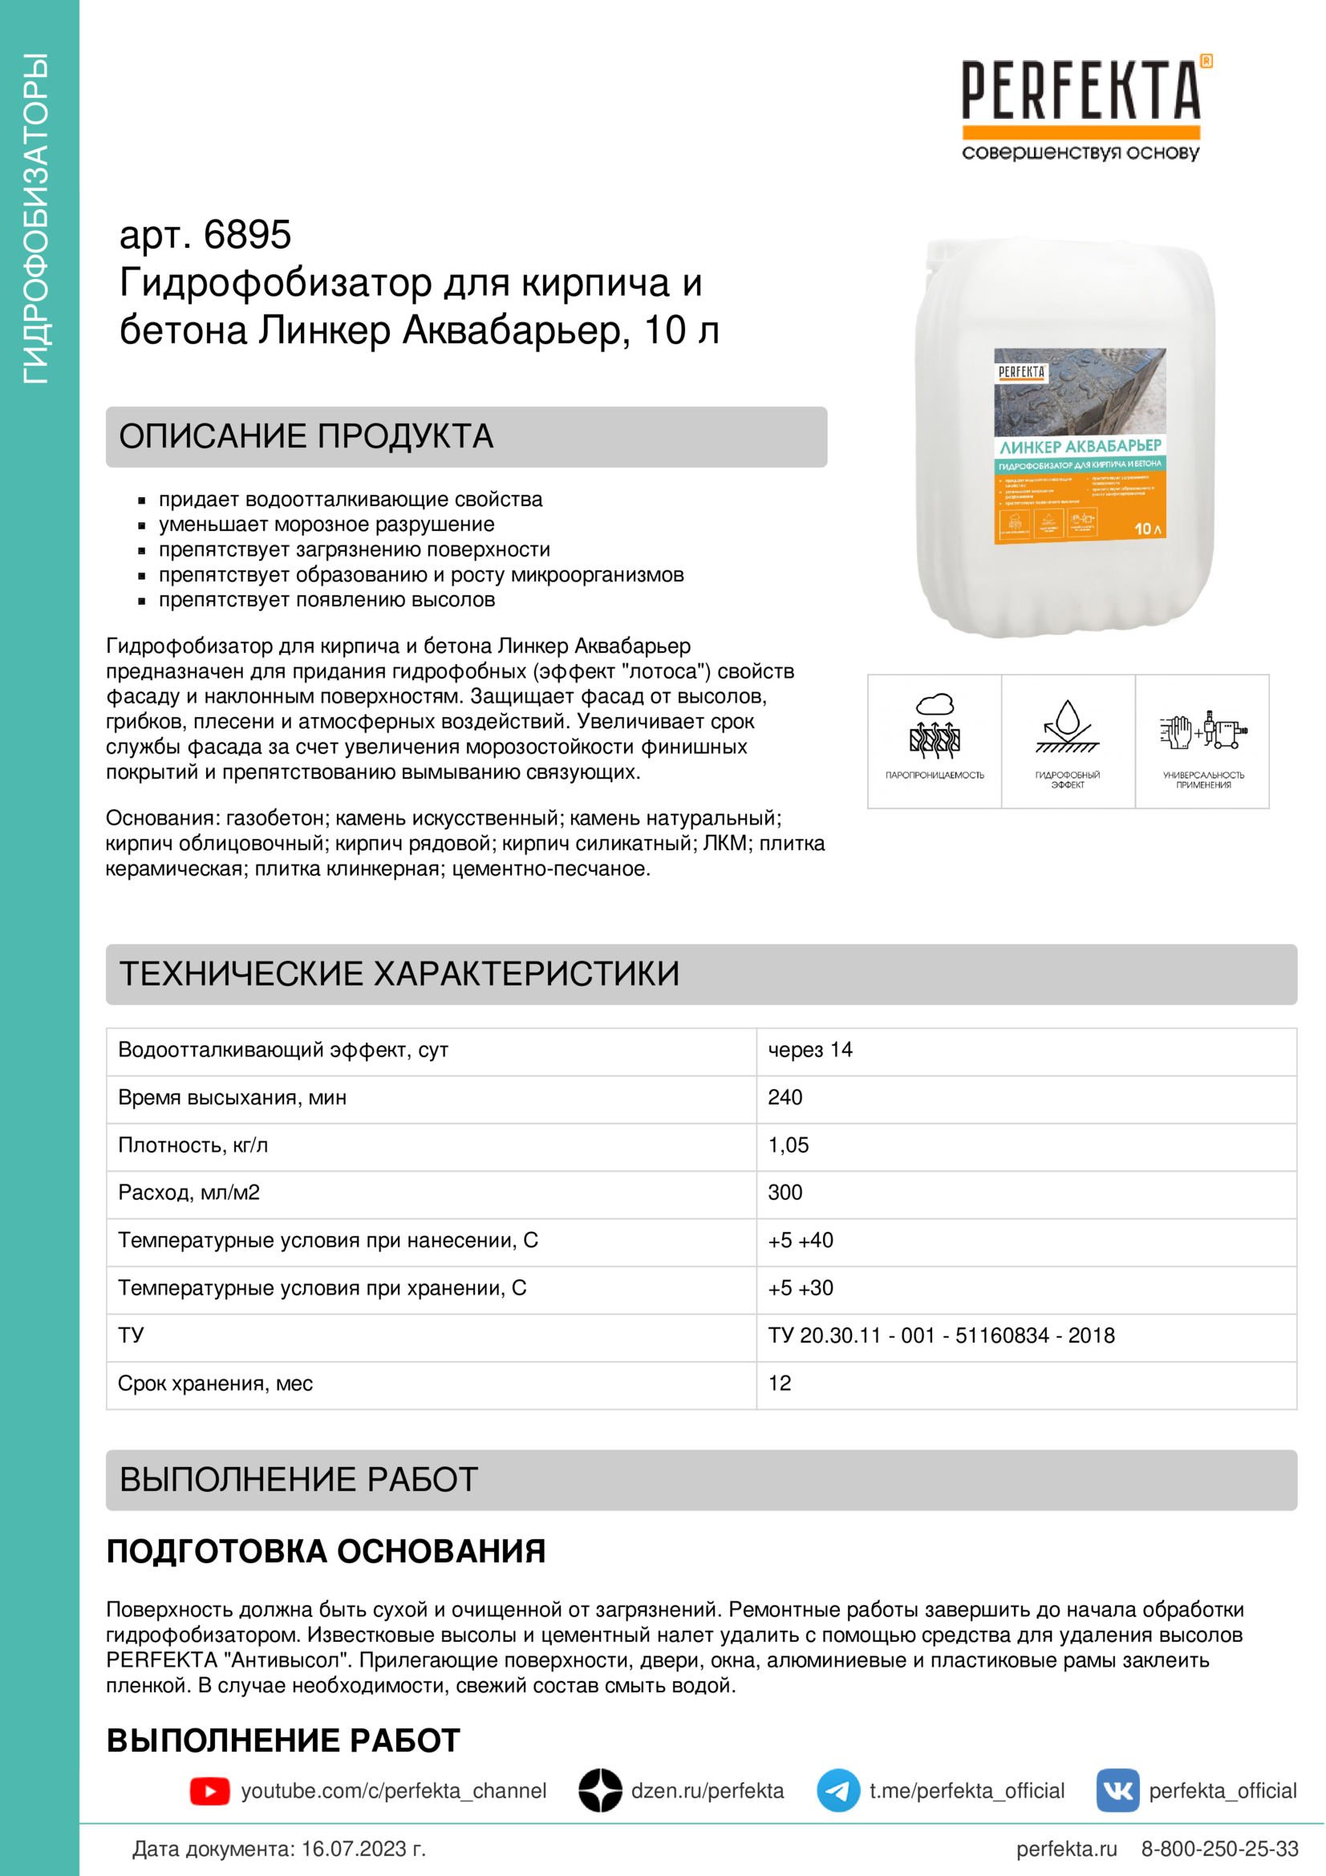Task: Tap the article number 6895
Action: [247, 235]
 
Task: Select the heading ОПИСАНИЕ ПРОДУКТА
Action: [306, 436]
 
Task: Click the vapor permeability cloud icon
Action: [935, 726]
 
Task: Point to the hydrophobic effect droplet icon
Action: [1067, 726]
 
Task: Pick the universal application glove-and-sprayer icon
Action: [1202, 729]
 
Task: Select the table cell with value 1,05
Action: [789, 1145]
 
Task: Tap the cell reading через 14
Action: [809, 1050]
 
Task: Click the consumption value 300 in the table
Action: [785, 1193]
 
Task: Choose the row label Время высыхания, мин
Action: [232, 1097]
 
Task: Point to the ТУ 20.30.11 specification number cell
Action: [941, 1336]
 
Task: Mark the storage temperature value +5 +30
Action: [801, 1289]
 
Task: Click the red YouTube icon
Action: [210, 1791]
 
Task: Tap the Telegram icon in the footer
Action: [838, 1791]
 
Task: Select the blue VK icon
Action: [1117, 1791]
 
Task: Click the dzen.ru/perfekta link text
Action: [707, 1791]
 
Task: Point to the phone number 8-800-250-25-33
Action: [1219, 1849]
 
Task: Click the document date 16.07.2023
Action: [363, 1849]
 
